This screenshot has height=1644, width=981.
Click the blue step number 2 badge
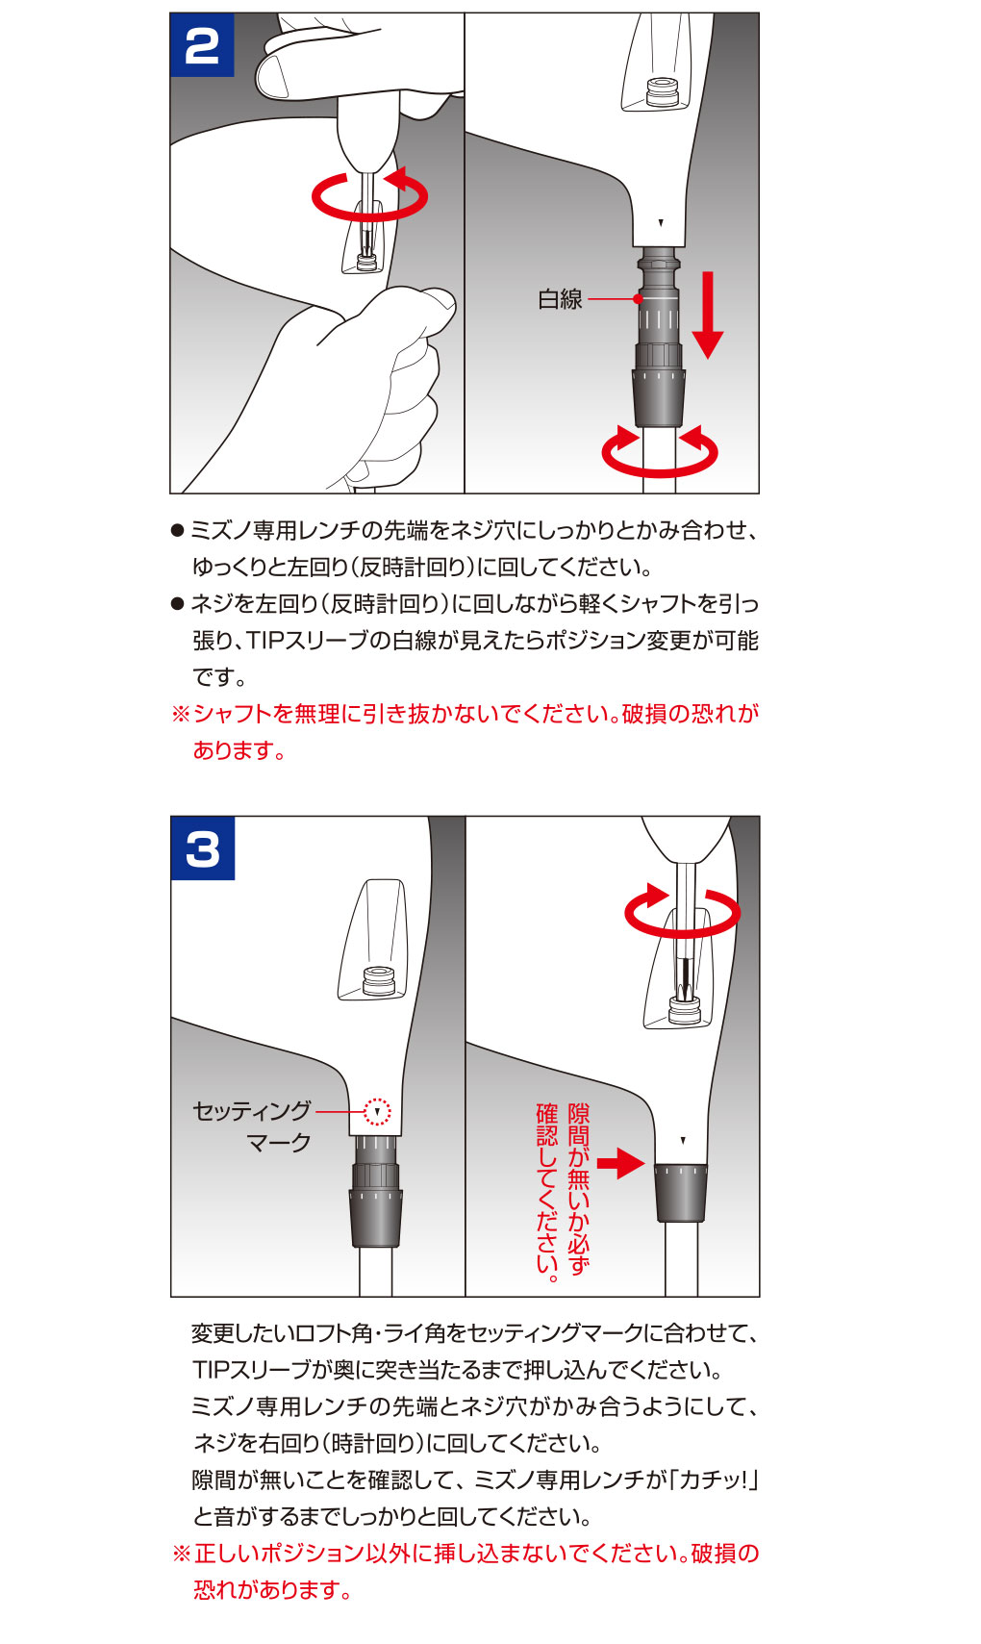(202, 45)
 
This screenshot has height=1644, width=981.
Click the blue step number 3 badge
(203, 848)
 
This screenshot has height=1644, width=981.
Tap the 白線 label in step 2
(560, 299)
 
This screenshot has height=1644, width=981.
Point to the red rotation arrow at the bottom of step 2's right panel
(660, 452)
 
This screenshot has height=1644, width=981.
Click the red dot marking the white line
(638, 299)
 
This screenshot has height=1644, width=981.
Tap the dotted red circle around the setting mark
(378, 1111)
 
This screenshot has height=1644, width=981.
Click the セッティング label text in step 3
(252, 1111)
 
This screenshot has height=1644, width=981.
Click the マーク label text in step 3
(279, 1143)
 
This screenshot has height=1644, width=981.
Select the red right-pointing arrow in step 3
(620, 1163)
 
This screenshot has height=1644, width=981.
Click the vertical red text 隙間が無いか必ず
(578, 1189)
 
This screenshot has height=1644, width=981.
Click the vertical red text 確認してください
(547, 1193)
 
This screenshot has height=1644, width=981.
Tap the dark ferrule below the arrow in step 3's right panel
(681, 1192)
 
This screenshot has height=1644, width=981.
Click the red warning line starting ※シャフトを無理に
(465, 714)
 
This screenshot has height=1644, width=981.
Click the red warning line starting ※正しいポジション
(465, 1554)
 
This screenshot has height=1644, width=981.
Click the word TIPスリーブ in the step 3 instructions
(250, 1370)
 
